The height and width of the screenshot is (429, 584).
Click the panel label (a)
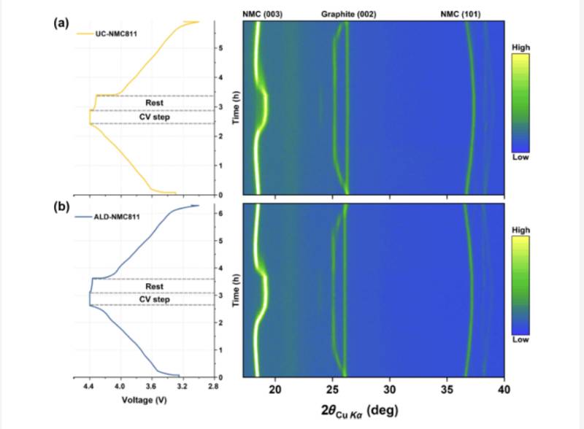tap(61, 23)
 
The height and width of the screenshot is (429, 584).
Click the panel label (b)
tap(61, 206)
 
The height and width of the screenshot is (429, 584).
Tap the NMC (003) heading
tap(262, 13)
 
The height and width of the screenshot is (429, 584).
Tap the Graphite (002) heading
tap(348, 13)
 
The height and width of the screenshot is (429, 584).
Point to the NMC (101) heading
tap(461, 13)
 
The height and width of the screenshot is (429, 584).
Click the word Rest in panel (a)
tap(153, 103)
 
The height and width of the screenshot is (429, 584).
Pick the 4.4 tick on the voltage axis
tap(89, 387)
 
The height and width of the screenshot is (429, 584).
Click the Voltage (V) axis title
tap(150, 401)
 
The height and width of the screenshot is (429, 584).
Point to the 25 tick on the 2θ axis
tap(333, 387)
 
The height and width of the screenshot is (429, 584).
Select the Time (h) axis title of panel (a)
tap(235, 109)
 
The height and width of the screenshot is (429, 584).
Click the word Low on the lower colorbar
tap(521, 340)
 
